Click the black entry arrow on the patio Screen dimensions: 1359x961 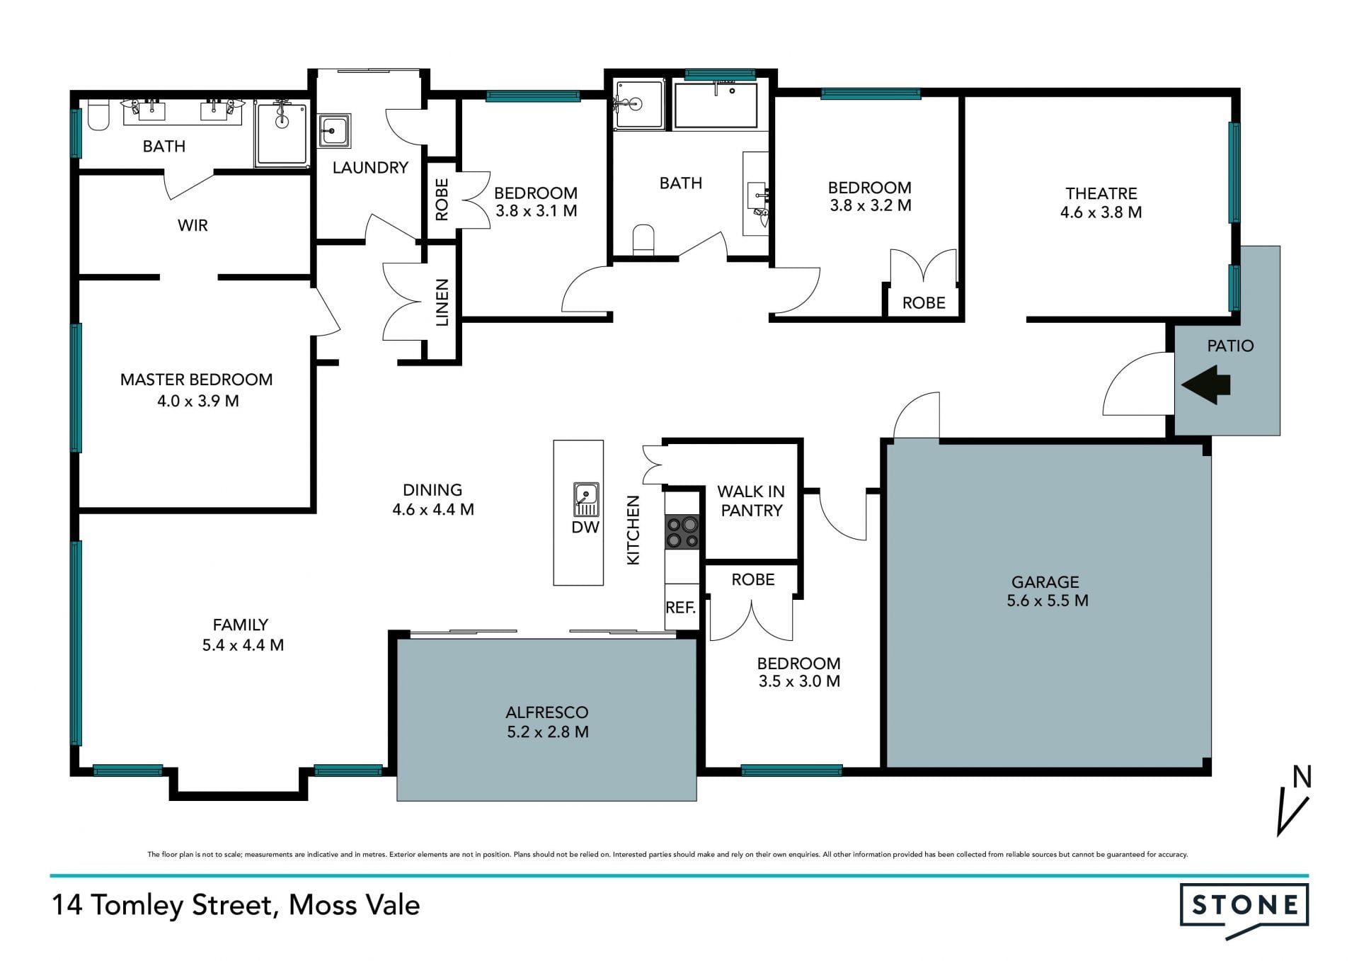point(1205,385)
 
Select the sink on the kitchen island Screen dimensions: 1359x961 point(586,499)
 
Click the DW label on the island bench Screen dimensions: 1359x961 point(585,527)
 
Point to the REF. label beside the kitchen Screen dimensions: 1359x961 point(681,608)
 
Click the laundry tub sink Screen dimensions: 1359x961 point(335,131)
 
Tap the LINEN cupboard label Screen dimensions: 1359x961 point(442,303)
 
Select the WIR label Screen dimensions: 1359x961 point(193,225)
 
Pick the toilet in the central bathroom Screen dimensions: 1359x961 point(643,239)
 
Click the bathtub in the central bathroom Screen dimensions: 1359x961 point(716,106)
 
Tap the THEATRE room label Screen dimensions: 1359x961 point(1101,193)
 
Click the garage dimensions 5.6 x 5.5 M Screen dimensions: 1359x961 point(1048,601)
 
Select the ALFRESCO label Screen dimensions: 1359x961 point(547,712)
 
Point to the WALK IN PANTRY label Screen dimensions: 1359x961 point(751,501)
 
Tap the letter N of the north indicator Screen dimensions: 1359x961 point(1302,777)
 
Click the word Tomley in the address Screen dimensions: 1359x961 point(137,906)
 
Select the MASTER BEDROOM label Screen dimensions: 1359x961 point(196,380)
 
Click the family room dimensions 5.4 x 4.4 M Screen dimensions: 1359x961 point(243,645)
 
